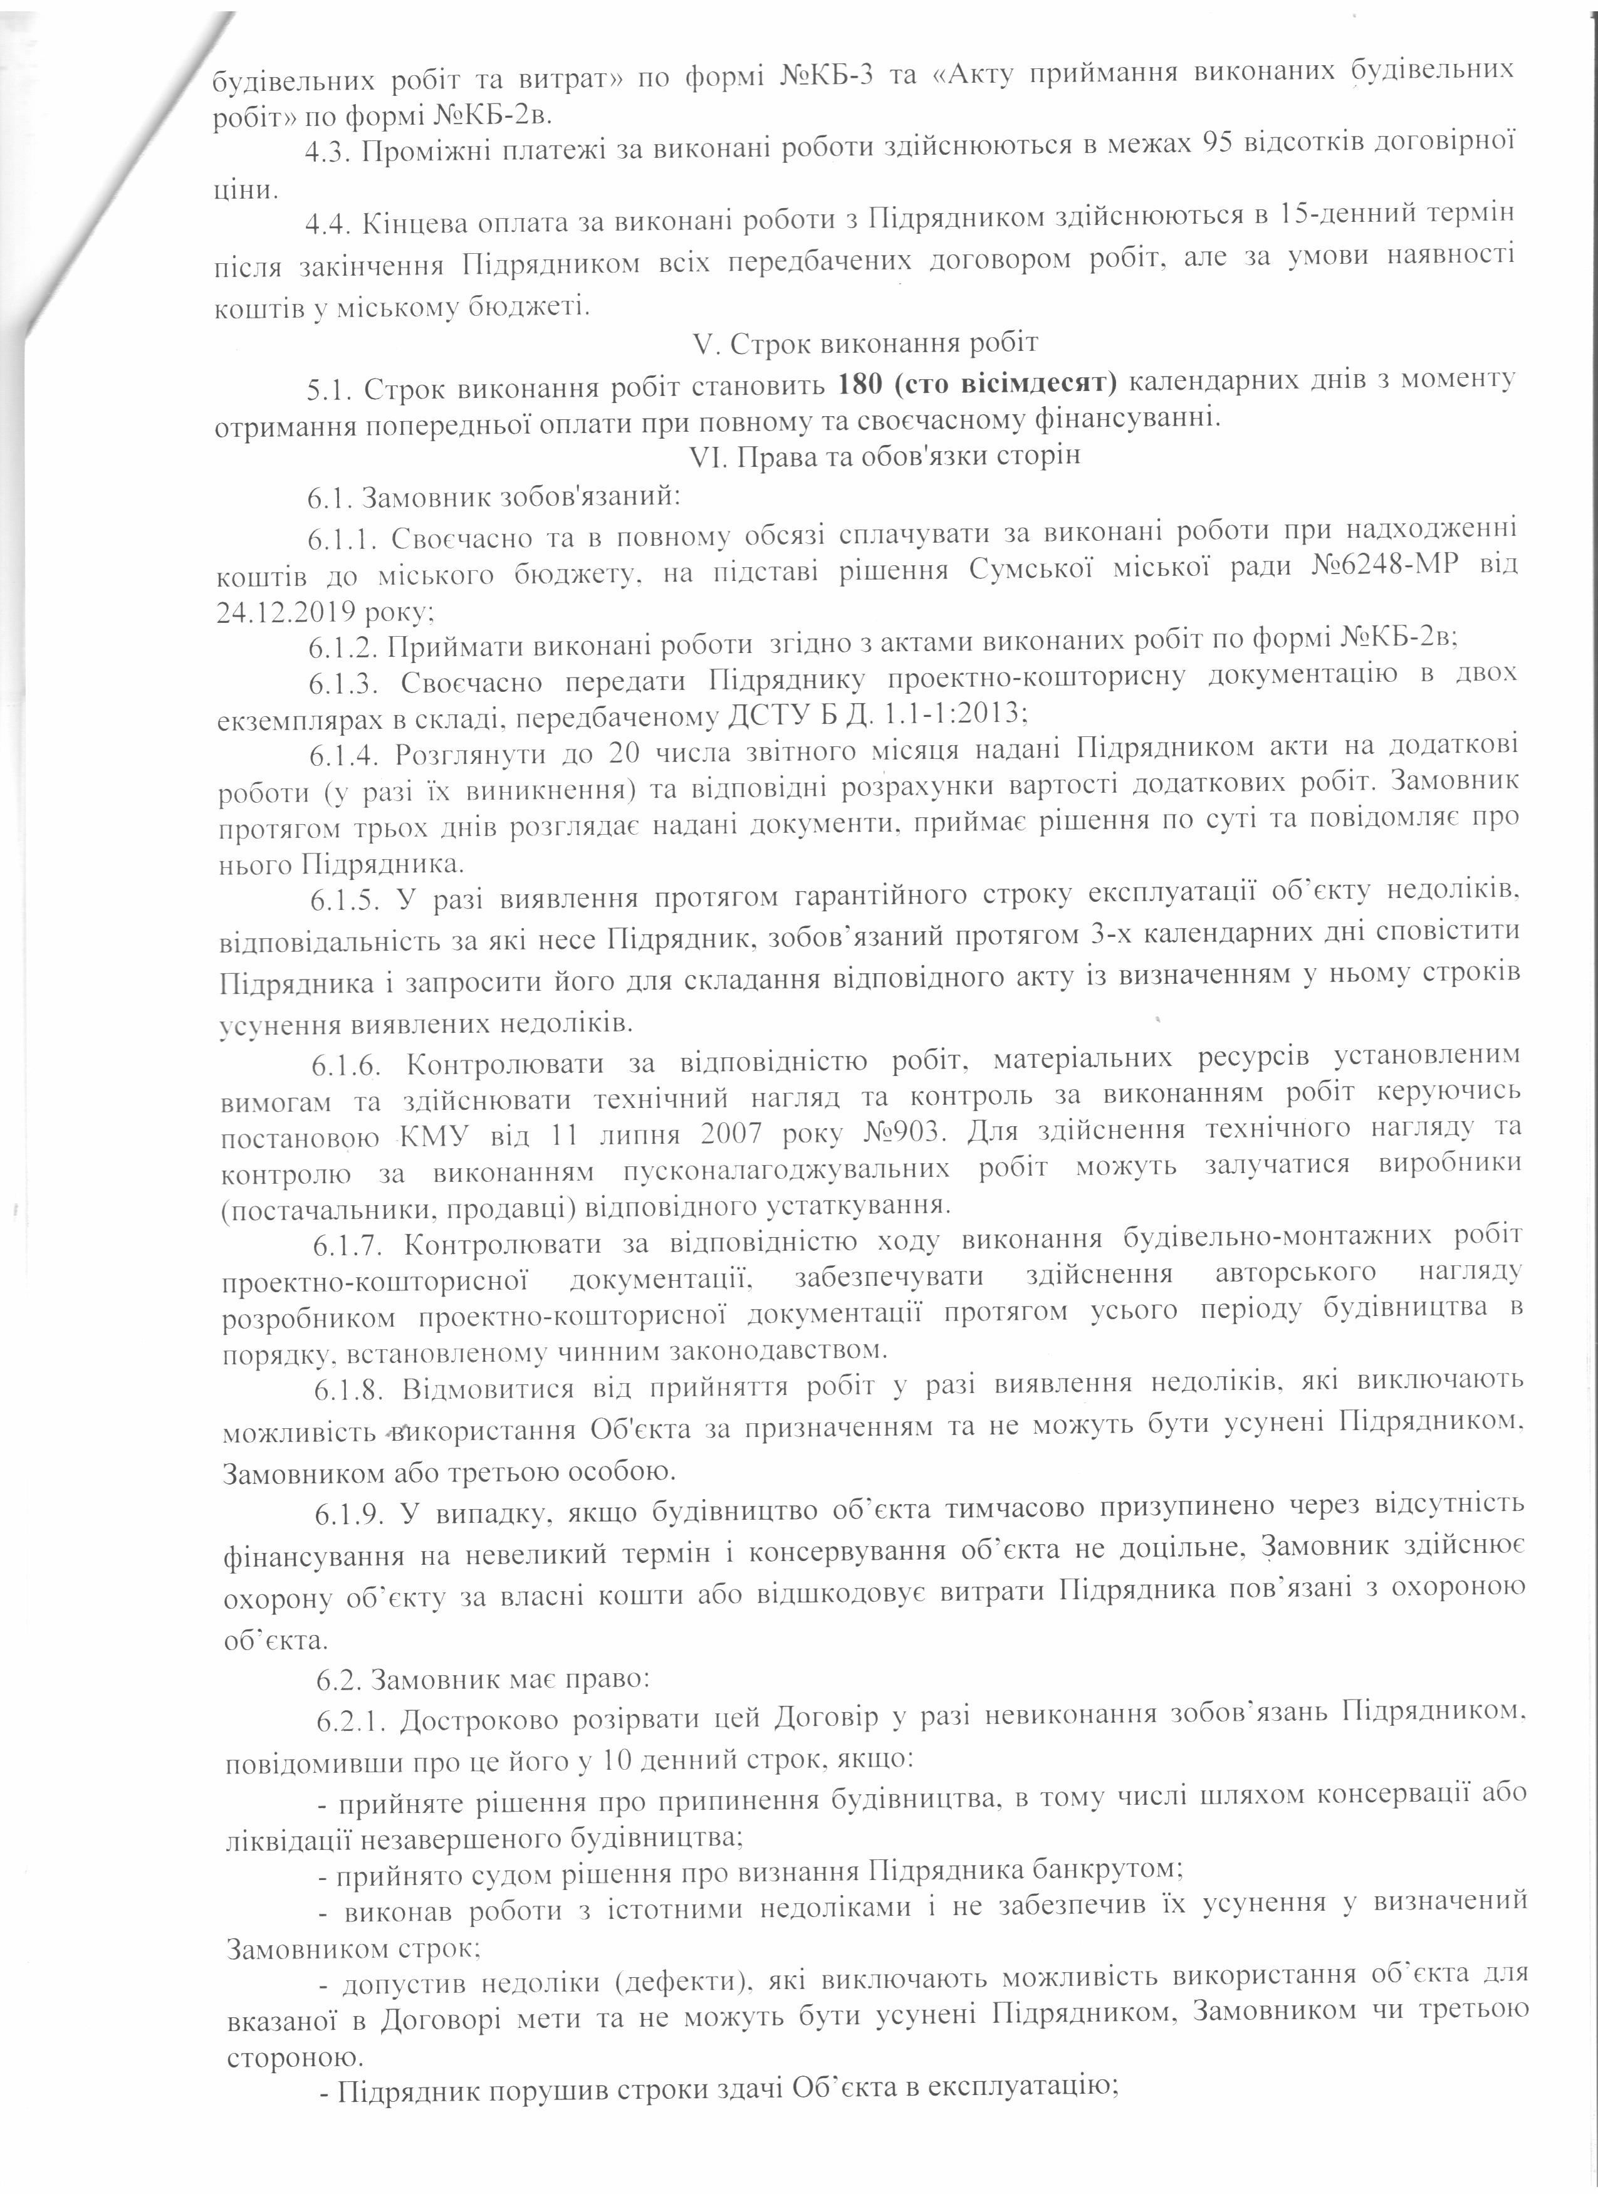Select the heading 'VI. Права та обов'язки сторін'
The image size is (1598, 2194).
pos(883,457)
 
